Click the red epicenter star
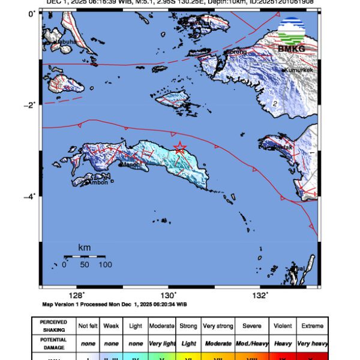coord(179,148)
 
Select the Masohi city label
coord(131,164)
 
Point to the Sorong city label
coord(236,52)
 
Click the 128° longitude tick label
coord(76,295)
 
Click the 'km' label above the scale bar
coord(84,247)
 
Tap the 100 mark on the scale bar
coord(105,264)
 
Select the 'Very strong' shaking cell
coord(217,326)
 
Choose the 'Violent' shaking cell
coord(280,326)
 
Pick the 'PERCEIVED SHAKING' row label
coord(53,326)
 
